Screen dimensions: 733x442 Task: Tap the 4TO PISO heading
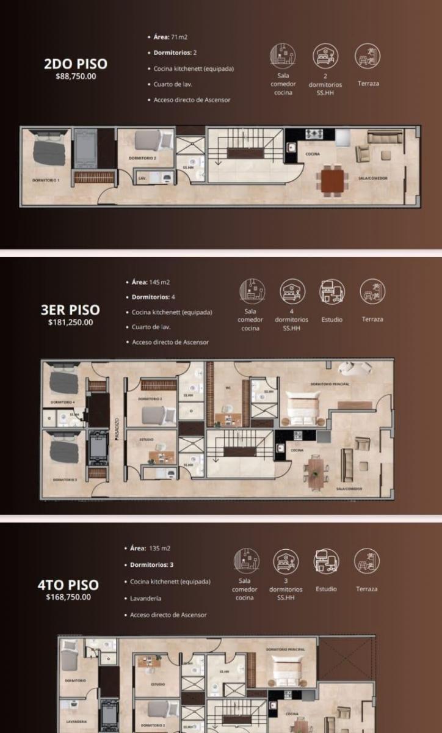click(68, 585)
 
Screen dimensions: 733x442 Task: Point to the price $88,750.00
click(75, 76)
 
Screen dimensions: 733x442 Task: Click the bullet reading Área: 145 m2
click(150, 282)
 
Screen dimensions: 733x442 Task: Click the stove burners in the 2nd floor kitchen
click(312, 133)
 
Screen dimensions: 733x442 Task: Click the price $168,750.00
click(68, 597)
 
